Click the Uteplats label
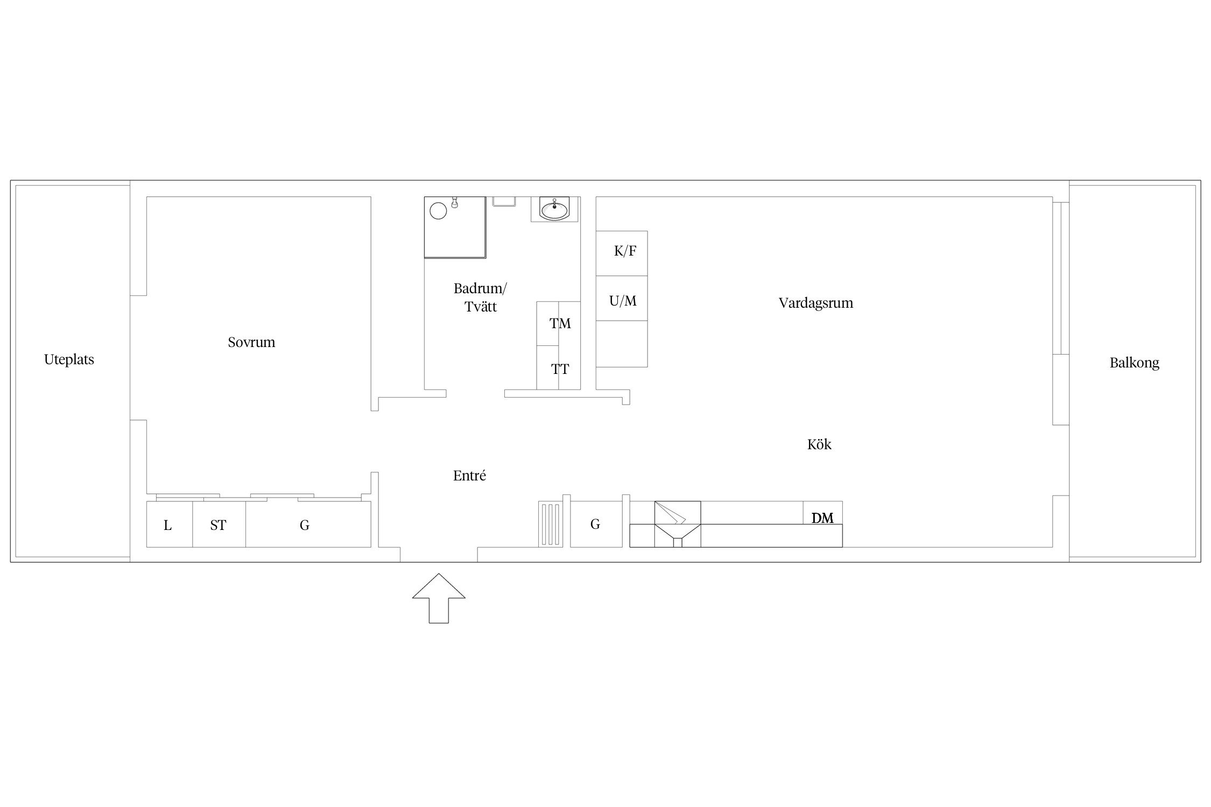69,360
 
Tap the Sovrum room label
251,342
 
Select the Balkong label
1134,363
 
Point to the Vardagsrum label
815,303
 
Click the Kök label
819,444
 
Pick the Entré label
469,476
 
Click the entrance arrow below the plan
439,598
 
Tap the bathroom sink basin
554,209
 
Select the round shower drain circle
439,210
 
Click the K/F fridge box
622,253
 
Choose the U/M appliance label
623,301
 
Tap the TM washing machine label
560,323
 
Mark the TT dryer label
560,369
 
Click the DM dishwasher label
822,518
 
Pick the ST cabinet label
218,525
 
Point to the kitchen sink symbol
678,524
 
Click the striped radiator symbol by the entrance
551,524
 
